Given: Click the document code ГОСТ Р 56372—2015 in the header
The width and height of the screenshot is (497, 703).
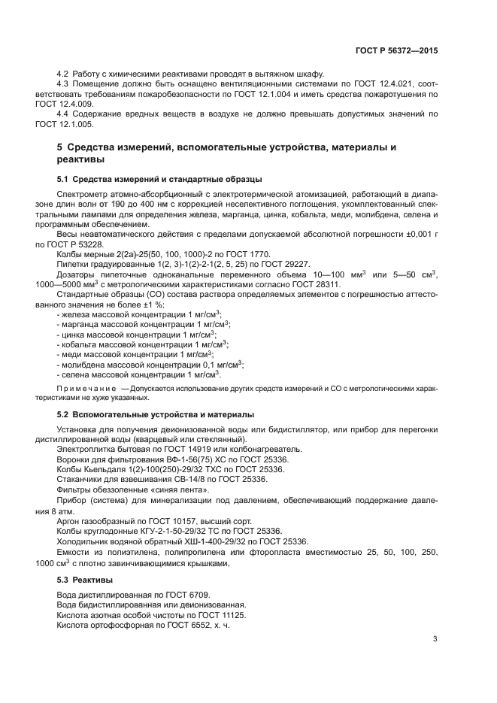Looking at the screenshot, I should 396,50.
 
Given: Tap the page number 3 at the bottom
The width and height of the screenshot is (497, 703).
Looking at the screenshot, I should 435,640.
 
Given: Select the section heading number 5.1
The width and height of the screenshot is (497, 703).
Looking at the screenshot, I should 63,180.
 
